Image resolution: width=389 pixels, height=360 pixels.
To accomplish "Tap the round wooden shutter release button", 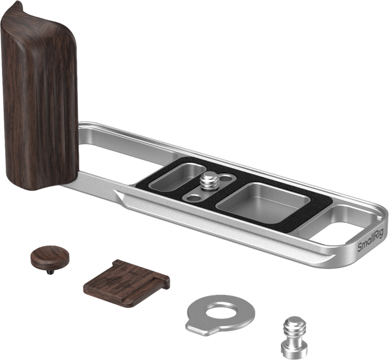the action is click(50, 255).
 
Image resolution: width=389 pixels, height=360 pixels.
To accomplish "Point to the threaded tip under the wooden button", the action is click(49, 273).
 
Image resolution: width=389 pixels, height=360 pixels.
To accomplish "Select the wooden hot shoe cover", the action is click(127, 283).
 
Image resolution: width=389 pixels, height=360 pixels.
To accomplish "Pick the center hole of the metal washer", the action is click(220, 310).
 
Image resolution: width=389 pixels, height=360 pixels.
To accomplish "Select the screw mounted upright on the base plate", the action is click(210, 180).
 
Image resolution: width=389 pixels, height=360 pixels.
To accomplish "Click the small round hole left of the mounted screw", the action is click(194, 198).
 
